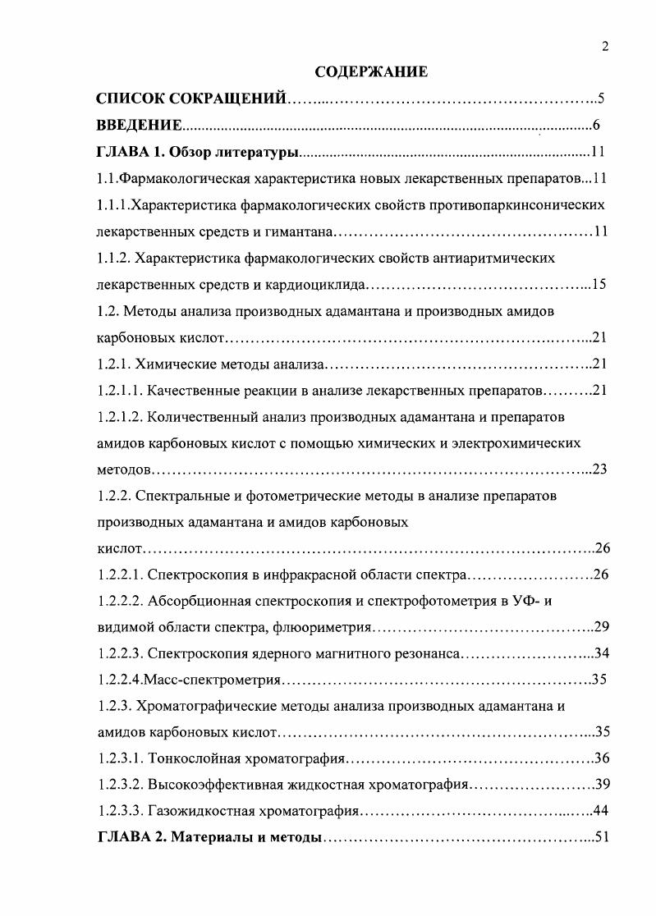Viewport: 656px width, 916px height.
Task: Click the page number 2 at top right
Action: (604, 47)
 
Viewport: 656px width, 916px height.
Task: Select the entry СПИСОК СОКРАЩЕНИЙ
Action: (191, 99)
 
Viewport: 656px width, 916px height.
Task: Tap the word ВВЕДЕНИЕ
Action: (139, 126)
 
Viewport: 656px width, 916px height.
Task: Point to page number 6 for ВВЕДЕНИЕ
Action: (597, 126)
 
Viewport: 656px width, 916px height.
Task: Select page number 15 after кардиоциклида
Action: (599, 285)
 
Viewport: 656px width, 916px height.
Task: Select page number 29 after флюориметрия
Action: (600, 628)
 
